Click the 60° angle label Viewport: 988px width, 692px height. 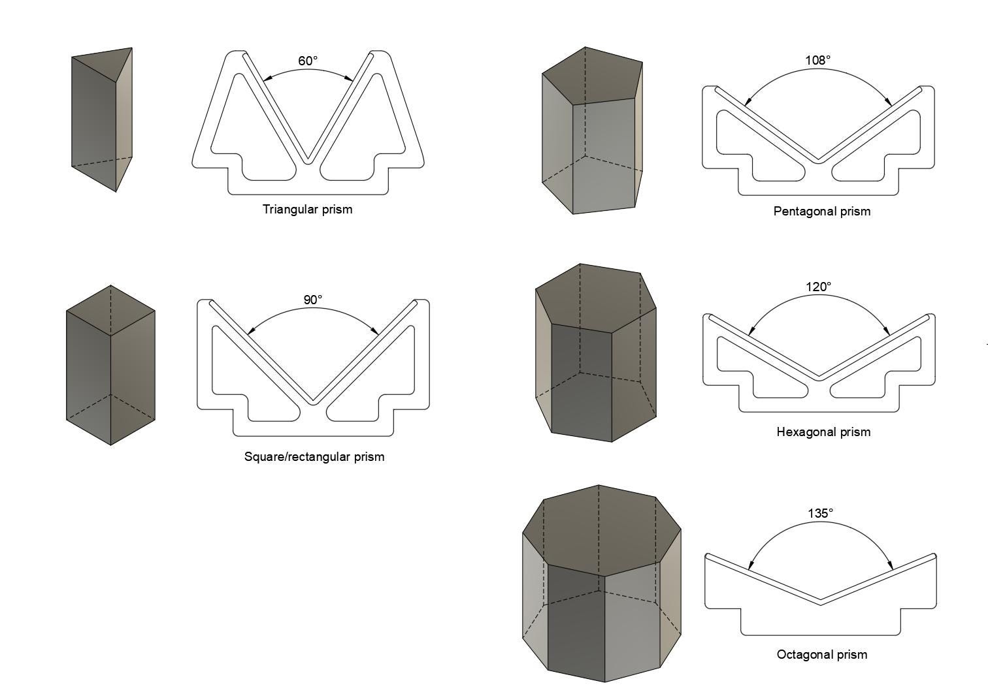click(x=308, y=61)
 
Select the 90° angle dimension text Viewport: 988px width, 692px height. click(x=313, y=300)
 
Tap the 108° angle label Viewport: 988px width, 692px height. click(x=818, y=60)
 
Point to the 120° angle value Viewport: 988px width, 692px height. click(x=819, y=287)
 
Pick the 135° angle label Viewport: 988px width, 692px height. click(x=821, y=513)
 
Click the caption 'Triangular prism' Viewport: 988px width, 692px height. click(x=307, y=210)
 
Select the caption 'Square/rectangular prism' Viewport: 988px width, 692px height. click(x=314, y=457)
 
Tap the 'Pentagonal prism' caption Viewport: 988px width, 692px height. click(x=821, y=212)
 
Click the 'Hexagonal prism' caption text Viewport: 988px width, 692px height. click(x=823, y=432)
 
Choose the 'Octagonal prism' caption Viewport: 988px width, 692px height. click(x=822, y=655)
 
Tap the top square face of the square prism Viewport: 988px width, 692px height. click(x=110, y=311)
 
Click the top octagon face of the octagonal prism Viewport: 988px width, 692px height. click(x=601, y=530)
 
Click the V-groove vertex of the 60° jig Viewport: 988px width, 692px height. click(x=308, y=160)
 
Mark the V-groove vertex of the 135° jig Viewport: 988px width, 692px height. click(x=821, y=601)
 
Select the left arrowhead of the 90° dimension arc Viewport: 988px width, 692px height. click(x=249, y=332)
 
